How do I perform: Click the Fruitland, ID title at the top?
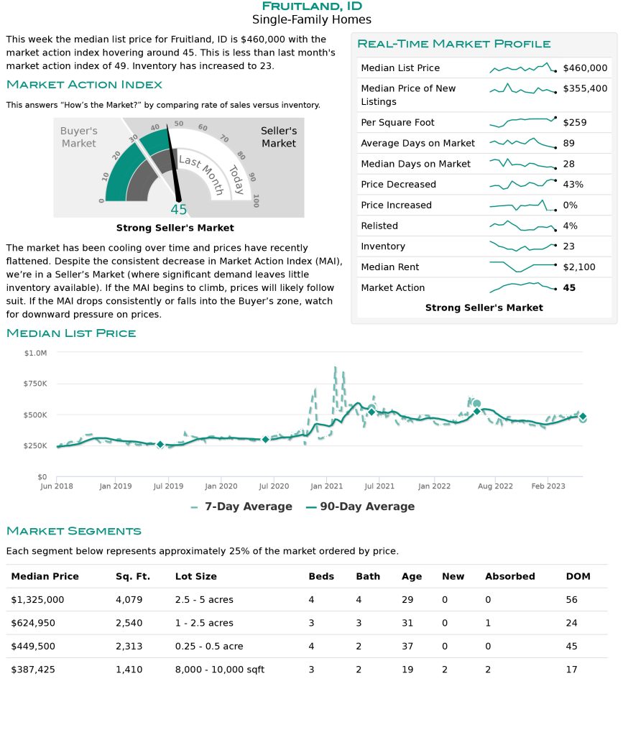(312, 6)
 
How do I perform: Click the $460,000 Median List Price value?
(585, 68)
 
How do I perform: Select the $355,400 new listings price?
(585, 88)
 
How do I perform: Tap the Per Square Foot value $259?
(574, 123)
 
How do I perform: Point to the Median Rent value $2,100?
(579, 267)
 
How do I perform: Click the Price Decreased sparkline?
(523, 184)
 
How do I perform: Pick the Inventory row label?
(383, 246)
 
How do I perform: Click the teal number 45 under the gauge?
(179, 210)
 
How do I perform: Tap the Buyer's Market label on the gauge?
(79, 137)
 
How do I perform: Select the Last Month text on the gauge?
(201, 174)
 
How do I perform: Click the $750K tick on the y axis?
(35, 384)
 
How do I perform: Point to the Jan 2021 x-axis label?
(327, 486)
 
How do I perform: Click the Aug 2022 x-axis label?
(495, 486)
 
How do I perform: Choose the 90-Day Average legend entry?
(361, 507)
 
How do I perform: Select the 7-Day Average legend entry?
(241, 507)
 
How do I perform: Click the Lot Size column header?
(196, 576)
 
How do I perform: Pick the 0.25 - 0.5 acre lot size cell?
(209, 647)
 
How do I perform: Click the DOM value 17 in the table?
(571, 670)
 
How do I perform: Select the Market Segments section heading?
(73, 532)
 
